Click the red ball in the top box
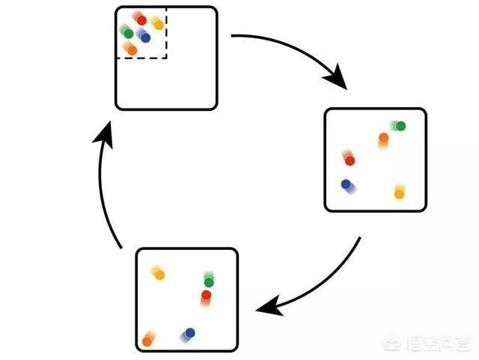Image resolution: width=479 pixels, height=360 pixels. [x=141, y=21]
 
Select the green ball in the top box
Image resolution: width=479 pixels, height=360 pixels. [x=129, y=34]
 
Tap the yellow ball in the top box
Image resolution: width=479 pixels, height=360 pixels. [x=158, y=25]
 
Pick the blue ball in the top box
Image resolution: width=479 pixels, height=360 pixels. [x=145, y=37]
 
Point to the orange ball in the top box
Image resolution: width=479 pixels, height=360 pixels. [x=132, y=50]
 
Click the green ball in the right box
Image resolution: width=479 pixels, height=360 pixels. [x=400, y=126]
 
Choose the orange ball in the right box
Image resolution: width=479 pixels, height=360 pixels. [x=383, y=138]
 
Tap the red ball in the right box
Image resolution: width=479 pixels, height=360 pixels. [x=349, y=160]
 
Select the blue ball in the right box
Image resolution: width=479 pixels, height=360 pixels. [x=346, y=183]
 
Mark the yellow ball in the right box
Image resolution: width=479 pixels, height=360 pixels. [x=399, y=194]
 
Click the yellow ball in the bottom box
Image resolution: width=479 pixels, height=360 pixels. [x=159, y=275]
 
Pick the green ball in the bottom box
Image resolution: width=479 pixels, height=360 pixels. [x=209, y=282]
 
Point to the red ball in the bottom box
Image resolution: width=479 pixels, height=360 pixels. [x=206, y=296]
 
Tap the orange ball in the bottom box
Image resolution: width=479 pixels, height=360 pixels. [x=147, y=341]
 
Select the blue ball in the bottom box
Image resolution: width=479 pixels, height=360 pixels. [x=190, y=332]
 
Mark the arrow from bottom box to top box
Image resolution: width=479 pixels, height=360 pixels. [x=105, y=187]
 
